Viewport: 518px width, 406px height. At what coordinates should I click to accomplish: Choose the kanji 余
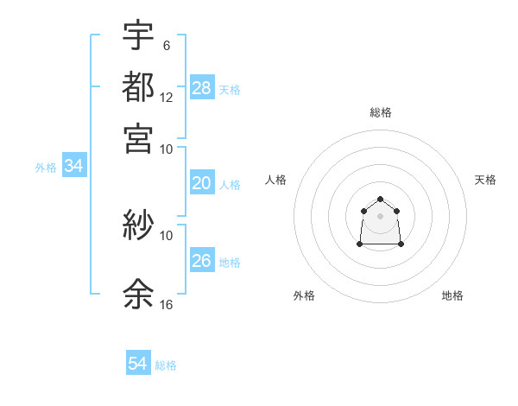(138, 294)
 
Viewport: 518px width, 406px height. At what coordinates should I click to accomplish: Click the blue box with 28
(202, 88)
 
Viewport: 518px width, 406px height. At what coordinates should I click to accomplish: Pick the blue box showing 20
(202, 183)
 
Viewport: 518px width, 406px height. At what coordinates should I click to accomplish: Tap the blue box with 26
(202, 260)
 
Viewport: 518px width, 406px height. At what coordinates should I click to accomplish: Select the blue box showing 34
(73, 167)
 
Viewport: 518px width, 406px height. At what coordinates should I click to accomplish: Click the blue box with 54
(138, 364)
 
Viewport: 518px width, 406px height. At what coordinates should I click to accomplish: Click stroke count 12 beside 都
(166, 98)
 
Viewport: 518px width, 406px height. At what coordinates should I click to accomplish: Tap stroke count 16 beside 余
(166, 305)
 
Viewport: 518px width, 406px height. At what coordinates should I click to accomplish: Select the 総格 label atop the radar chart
(381, 112)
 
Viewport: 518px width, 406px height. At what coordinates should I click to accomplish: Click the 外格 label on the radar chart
(304, 295)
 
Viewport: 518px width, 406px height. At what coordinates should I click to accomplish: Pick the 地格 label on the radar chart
(452, 295)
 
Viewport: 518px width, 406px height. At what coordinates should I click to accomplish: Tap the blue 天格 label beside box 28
(230, 89)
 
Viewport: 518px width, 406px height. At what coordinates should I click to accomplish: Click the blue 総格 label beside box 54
(166, 365)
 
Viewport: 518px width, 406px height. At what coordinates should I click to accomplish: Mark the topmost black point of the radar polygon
(381, 199)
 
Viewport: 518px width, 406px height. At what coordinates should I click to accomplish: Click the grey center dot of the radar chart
(381, 215)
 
